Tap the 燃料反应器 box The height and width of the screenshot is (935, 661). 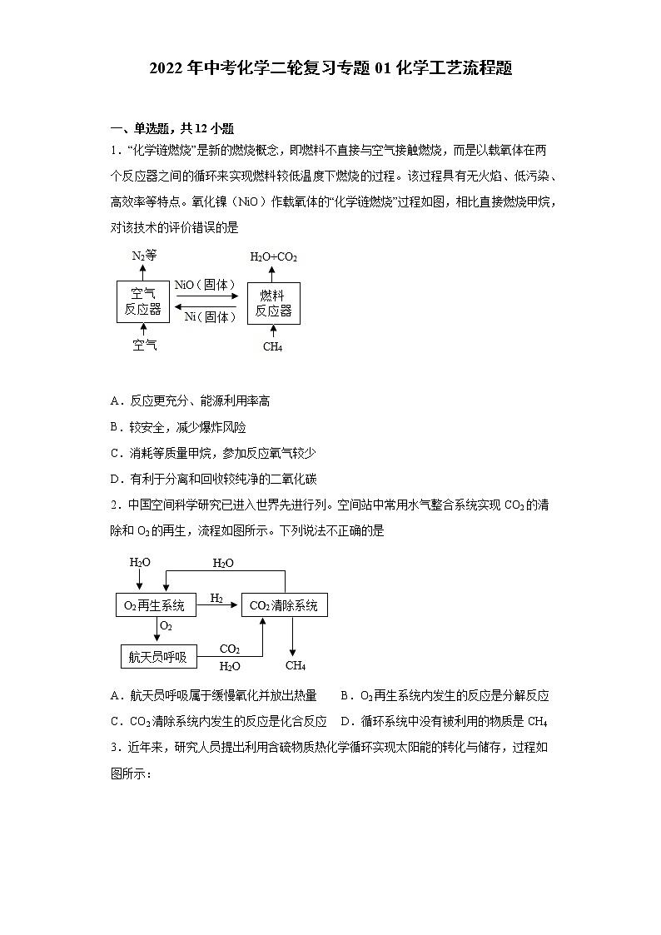click(273, 303)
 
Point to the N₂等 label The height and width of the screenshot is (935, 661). click(144, 256)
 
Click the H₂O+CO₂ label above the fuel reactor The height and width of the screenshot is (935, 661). click(273, 256)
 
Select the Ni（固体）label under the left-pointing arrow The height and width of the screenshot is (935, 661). click(210, 317)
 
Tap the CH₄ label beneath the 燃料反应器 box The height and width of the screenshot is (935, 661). click(272, 346)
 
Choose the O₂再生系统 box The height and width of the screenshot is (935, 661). click(155, 605)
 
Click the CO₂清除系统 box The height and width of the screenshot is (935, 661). click(285, 605)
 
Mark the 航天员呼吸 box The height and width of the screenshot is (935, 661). click(158, 657)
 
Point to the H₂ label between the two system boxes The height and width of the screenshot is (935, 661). click(216, 598)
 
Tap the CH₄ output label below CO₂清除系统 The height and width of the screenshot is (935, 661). click(296, 665)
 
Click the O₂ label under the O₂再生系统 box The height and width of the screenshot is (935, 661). click(166, 626)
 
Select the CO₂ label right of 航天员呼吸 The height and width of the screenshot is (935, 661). click(230, 649)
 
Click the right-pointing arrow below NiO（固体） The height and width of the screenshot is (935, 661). click(206, 296)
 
